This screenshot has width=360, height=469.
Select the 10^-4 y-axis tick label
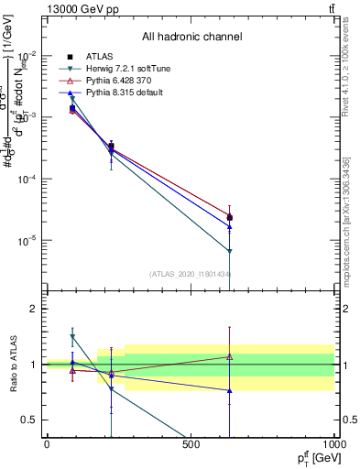26,179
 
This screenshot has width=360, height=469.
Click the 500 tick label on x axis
190,444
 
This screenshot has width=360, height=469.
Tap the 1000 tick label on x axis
332,444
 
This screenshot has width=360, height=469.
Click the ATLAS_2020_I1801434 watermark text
190,274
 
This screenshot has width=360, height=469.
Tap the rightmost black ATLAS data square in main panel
230,218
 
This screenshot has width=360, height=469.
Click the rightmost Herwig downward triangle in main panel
230,251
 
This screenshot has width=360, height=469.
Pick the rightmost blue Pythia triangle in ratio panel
230,390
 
